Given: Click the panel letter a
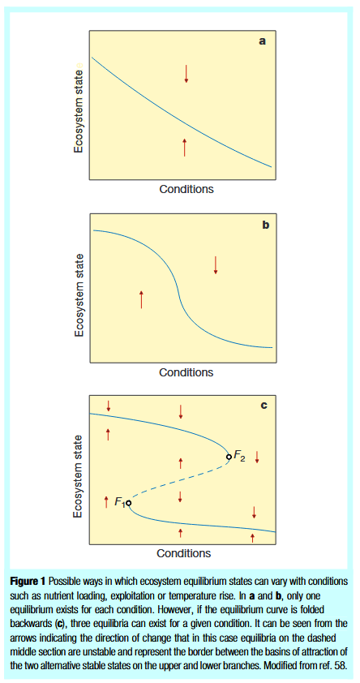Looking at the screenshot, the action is [x=263, y=41].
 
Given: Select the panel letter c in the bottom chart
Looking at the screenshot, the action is [x=264, y=406].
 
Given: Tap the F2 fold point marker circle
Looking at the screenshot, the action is [x=229, y=457].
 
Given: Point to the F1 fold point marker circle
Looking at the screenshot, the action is [x=128, y=503].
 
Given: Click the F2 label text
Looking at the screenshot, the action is [x=239, y=456].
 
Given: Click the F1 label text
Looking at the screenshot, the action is [x=120, y=502].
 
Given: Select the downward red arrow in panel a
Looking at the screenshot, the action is [x=186, y=74].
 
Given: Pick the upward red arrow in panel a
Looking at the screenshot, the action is [x=185, y=148].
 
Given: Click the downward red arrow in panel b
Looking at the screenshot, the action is [x=216, y=265].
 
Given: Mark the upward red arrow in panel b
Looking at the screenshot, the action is [x=141, y=299].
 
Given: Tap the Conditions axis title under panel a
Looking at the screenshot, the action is [x=186, y=189].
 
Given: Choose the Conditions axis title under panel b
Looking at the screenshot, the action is [x=186, y=372].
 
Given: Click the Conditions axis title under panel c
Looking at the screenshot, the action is [x=184, y=553].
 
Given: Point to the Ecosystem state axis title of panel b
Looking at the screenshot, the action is [x=79, y=288].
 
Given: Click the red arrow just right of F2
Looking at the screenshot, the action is [x=257, y=457].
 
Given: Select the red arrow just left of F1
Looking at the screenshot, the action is [x=106, y=502].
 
